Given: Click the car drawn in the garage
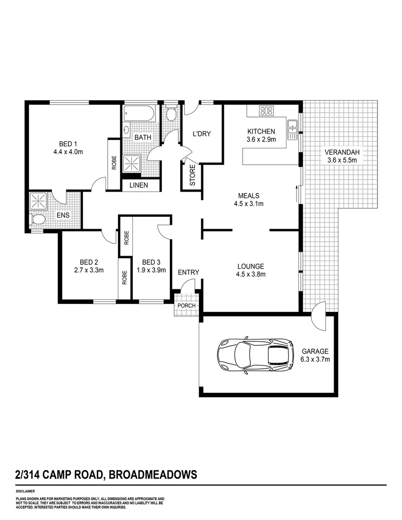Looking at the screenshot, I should [x=256, y=356].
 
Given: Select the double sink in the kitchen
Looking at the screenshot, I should [x=292, y=129].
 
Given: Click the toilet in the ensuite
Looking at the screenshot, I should [x=38, y=220].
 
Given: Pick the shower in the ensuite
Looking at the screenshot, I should [x=38, y=201].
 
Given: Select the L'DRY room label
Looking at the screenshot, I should [x=202, y=134].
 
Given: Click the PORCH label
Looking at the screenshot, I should [x=186, y=305].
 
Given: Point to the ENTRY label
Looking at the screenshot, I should [x=188, y=273].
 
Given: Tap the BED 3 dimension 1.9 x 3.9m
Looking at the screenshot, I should [x=151, y=270].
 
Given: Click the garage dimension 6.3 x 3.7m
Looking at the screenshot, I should [x=315, y=359].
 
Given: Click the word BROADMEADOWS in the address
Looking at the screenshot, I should [x=153, y=475].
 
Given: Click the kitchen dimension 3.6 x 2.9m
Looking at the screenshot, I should [x=261, y=140].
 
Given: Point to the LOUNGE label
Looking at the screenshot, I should [x=250, y=266].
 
